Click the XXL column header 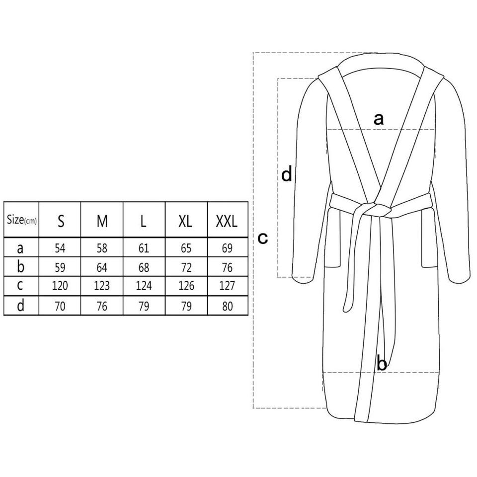pos(227,221)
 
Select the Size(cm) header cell pos(21,220)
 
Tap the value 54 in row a pos(60,248)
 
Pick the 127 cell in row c pos(227,286)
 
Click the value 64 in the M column pos(102,267)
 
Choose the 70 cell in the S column pos(60,306)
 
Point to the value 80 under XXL pos(227,306)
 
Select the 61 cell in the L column pos(144,248)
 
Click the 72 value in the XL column pos(186,267)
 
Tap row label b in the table pos(20,266)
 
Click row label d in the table pos(20,305)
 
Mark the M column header pos(102,221)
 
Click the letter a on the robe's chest pos(379,119)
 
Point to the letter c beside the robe pos(263,238)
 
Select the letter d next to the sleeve pos(287,174)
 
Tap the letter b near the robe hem pos(382,363)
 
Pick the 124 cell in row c pos(144,286)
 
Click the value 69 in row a pos(227,248)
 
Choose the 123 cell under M pos(101,286)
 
